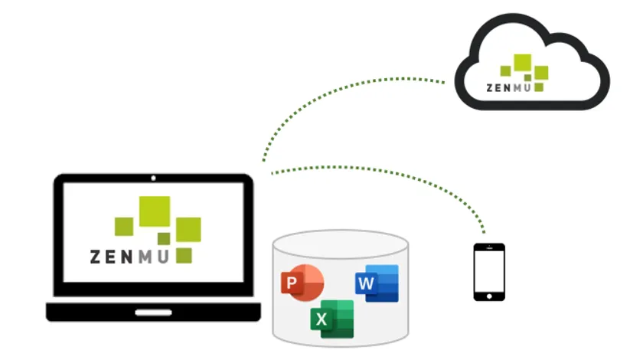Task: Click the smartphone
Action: tap(489, 272)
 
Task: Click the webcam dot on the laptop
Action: tap(153, 178)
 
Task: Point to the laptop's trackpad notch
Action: tap(153, 312)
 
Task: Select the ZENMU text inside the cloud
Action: tap(509, 87)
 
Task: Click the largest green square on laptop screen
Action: tap(154, 212)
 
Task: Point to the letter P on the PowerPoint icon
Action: tap(292, 284)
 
